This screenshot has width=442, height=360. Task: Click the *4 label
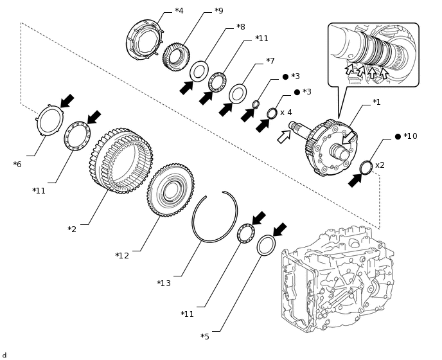click(x=179, y=11)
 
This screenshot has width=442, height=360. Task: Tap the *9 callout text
click(x=219, y=11)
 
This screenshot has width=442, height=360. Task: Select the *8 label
click(x=240, y=27)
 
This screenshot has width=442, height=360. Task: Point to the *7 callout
click(x=270, y=61)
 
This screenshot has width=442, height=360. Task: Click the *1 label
click(x=376, y=102)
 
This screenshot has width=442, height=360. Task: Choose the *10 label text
click(x=410, y=136)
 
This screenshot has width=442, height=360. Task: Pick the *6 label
click(x=17, y=165)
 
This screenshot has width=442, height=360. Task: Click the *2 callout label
click(x=72, y=230)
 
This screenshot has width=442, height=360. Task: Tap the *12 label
click(x=122, y=256)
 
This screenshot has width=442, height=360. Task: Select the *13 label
click(x=164, y=283)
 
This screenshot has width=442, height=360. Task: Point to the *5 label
click(x=205, y=337)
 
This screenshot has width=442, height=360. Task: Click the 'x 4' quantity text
click(x=286, y=113)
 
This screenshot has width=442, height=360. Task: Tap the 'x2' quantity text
click(x=380, y=165)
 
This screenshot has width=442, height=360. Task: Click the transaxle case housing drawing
click(x=337, y=276)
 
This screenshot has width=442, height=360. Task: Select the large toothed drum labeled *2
click(x=121, y=160)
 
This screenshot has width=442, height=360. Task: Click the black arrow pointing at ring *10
click(x=355, y=181)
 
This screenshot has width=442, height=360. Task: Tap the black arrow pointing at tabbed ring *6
click(x=67, y=101)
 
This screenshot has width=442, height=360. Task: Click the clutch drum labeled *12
click(x=170, y=190)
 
